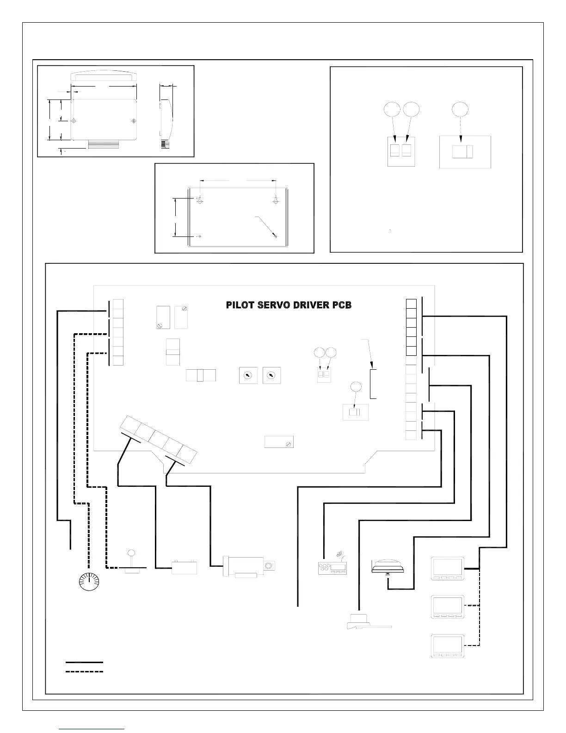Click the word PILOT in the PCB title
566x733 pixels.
point(240,305)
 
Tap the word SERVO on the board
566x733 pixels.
point(273,305)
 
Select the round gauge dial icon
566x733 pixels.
point(89,581)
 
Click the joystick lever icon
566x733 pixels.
point(131,562)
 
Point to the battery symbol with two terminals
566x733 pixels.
point(185,567)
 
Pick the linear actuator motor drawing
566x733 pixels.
point(249,567)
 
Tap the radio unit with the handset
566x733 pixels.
point(332,565)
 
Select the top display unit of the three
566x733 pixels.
point(448,568)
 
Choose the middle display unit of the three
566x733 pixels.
point(448,607)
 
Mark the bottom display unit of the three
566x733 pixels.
point(448,646)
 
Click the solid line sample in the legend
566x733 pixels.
point(84,662)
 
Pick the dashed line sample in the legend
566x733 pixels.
point(84,671)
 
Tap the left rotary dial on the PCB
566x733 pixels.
point(248,375)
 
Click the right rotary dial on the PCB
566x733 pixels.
point(271,375)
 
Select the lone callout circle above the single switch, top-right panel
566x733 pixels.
point(460,109)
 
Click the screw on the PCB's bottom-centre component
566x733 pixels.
point(288,445)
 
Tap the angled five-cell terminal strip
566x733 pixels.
point(159,440)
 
